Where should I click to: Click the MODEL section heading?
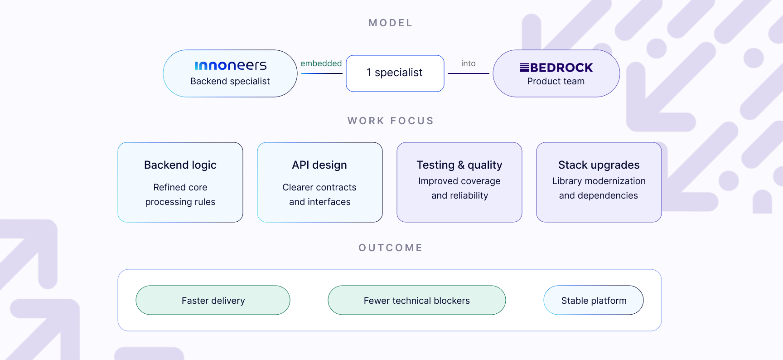coord(390,23)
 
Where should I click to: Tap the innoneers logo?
coord(231,66)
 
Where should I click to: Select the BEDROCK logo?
coord(556,68)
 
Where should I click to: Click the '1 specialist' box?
coord(395,73)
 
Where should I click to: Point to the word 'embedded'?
coord(321,63)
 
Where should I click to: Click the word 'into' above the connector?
coord(469,63)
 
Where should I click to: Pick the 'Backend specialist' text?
coord(230,81)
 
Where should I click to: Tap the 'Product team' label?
coord(556,81)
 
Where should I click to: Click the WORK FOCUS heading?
coord(391,121)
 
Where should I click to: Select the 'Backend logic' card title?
coord(180,165)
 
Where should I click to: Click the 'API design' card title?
coord(319,165)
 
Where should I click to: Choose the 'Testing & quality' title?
coord(459,165)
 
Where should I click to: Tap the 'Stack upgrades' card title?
coord(599,165)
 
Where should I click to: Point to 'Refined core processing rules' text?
coord(180,195)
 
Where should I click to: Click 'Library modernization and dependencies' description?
coord(599,188)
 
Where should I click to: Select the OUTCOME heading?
coord(391,248)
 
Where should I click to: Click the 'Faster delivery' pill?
coord(213,300)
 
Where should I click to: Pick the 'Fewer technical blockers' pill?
coord(417,300)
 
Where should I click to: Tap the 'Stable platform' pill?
coord(594,300)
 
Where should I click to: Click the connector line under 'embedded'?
coord(322,73)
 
